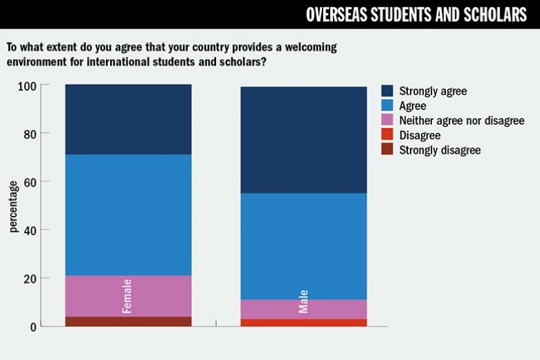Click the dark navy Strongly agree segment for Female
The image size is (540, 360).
click(x=128, y=119)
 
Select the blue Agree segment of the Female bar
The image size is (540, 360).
click(x=128, y=215)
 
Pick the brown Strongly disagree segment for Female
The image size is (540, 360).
click(x=128, y=321)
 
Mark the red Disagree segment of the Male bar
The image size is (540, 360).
click(x=303, y=322)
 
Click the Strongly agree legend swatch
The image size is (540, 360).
click(x=387, y=91)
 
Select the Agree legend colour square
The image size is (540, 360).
click(x=387, y=106)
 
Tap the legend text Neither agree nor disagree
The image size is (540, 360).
click(x=462, y=120)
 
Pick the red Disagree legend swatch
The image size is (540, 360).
click(x=387, y=136)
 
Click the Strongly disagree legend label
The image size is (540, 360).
click(x=440, y=150)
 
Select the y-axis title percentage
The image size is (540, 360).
click(x=13, y=207)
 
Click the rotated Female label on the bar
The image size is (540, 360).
click(x=127, y=296)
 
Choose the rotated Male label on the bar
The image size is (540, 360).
click(x=303, y=301)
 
